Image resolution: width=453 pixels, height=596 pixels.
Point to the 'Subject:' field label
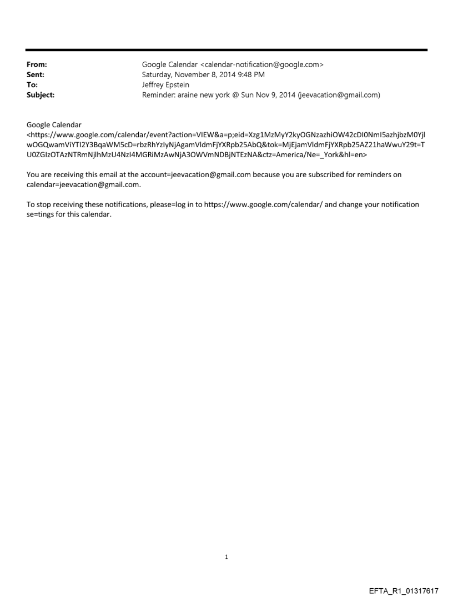41,94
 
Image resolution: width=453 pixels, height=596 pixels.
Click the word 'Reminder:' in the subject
161,94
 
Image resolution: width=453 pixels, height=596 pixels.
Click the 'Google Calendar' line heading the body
54,124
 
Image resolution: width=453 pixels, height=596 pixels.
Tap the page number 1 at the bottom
226,557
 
